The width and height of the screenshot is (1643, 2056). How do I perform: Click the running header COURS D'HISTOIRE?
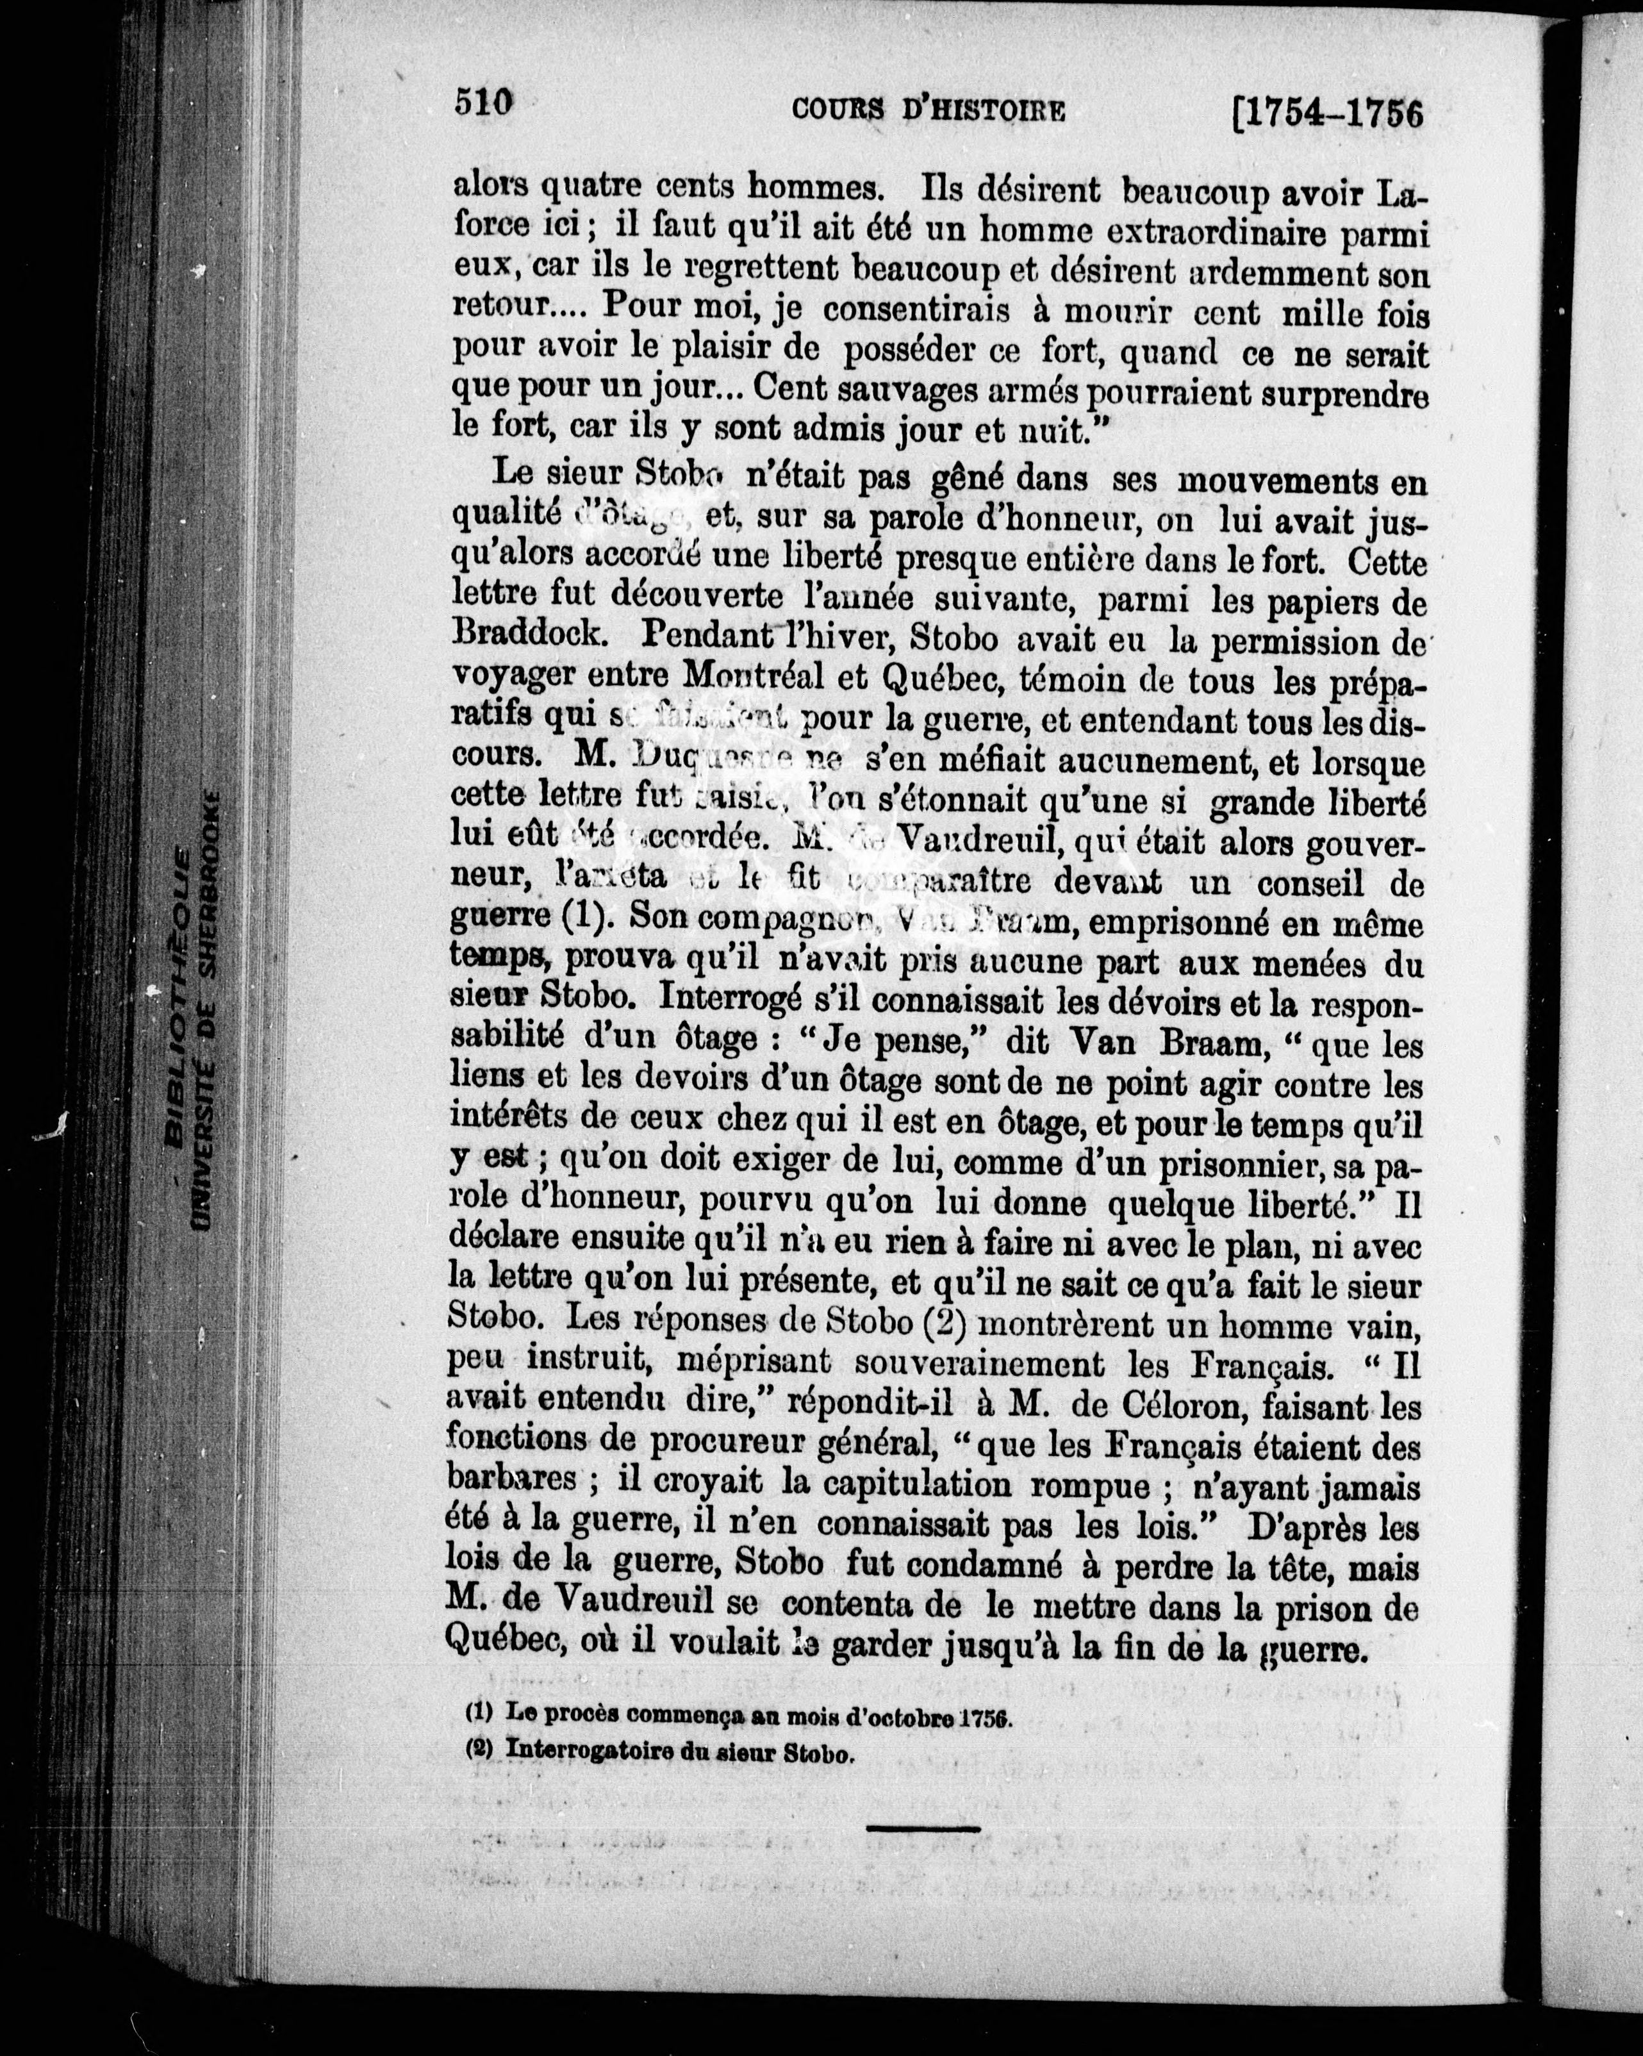pyautogui.click(x=929, y=111)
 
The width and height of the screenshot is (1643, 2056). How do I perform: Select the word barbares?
pyautogui.click(x=512, y=1487)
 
